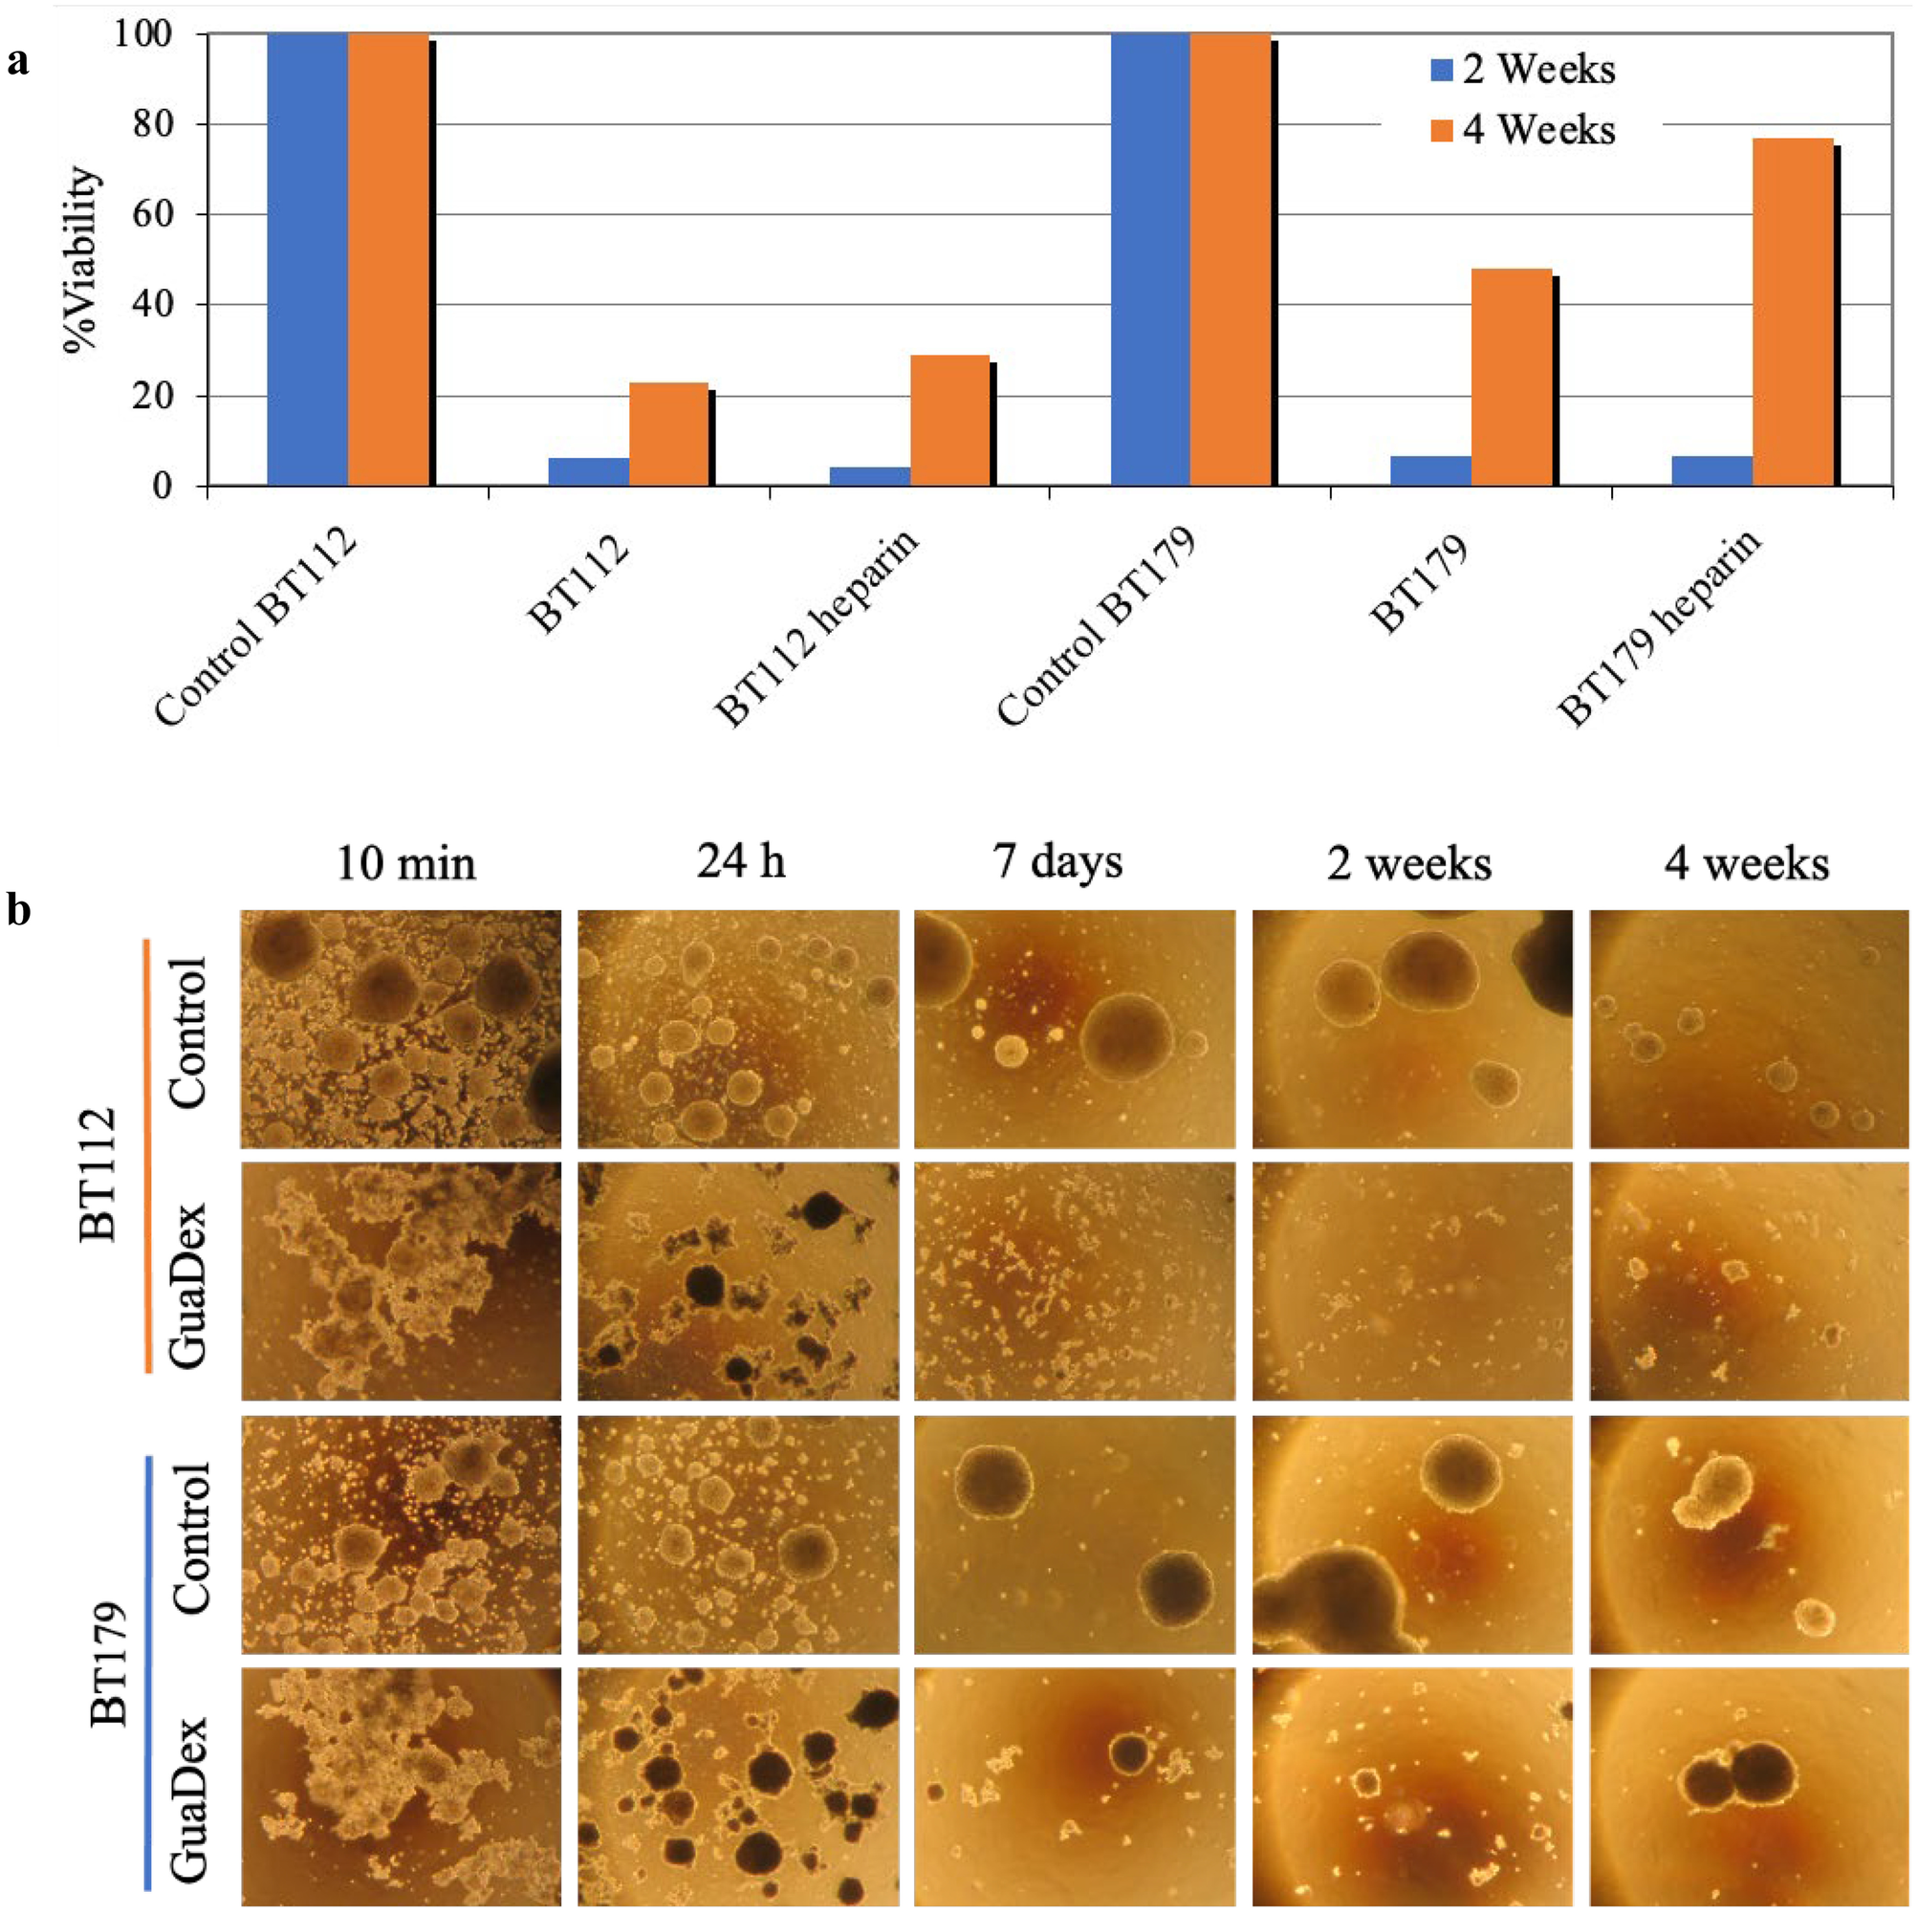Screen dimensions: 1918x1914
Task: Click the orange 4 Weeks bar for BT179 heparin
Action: pyautogui.click(x=1793, y=312)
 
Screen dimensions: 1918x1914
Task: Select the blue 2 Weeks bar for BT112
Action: pyautogui.click(x=589, y=471)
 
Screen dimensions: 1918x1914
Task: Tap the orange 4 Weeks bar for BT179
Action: pyautogui.click(x=1511, y=378)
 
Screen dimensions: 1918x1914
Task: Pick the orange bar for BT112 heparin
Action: pyautogui.click(x=950, y=420)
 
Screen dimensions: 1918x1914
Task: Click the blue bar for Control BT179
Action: pyautogui.click(x=1150, y=259)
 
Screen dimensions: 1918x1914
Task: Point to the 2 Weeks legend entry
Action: pyautogui.click(x=1523, y=70)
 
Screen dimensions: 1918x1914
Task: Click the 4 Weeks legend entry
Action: pyautogui.click(x=1523, y=130)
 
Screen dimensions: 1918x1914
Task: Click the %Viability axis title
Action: pyautogui.click(x=82, y=260)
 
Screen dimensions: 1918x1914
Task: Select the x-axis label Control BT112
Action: pyautogui.click(x=256, y=627)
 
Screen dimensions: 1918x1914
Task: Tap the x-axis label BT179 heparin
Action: pyautogui.click(x=1660, y=627)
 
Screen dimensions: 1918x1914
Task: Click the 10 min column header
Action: pyautogui.click(x=406, y=862)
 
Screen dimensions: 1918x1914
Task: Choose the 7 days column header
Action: pyautogui.click(x=1058, y=860)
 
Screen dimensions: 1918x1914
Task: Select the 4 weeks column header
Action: pyautogui.click(x=1747, y=862)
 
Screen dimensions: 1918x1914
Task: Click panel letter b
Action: pyautogui.click(x=19, y=909)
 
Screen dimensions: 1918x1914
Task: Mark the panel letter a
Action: pyautogui.click(x=18, y=62)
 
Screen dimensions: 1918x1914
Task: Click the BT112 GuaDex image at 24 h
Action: pyautogui.click(x=738, y=1281)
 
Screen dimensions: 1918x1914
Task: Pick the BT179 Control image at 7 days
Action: pyautogui.click(x=1075, y=1533)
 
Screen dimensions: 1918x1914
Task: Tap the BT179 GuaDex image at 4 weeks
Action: pyautogui.click(x=1749, y=1787)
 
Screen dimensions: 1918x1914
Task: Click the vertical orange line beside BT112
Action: pyautogui.click(x=147, y=1156)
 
